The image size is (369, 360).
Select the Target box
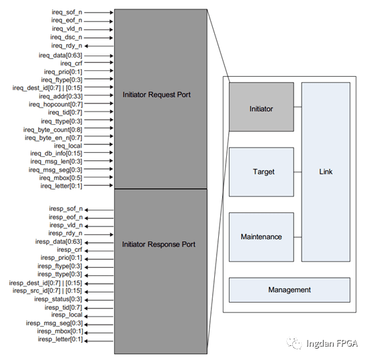(261, 172)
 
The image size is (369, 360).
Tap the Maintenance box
(261, 236)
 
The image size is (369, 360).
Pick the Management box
(290, 290)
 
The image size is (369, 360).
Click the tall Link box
(326, 172)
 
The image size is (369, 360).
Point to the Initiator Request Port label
(157, 95)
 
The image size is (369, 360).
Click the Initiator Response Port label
(159, 245)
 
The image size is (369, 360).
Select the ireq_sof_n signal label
(67, 12)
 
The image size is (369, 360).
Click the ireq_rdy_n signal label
(67, 45)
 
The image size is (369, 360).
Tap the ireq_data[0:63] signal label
(63, 54)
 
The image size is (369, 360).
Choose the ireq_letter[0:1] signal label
(61, 186)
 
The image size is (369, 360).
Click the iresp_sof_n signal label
(66, 209)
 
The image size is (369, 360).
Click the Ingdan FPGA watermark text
(332, 343)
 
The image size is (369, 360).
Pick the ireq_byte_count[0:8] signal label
(53, 129)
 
